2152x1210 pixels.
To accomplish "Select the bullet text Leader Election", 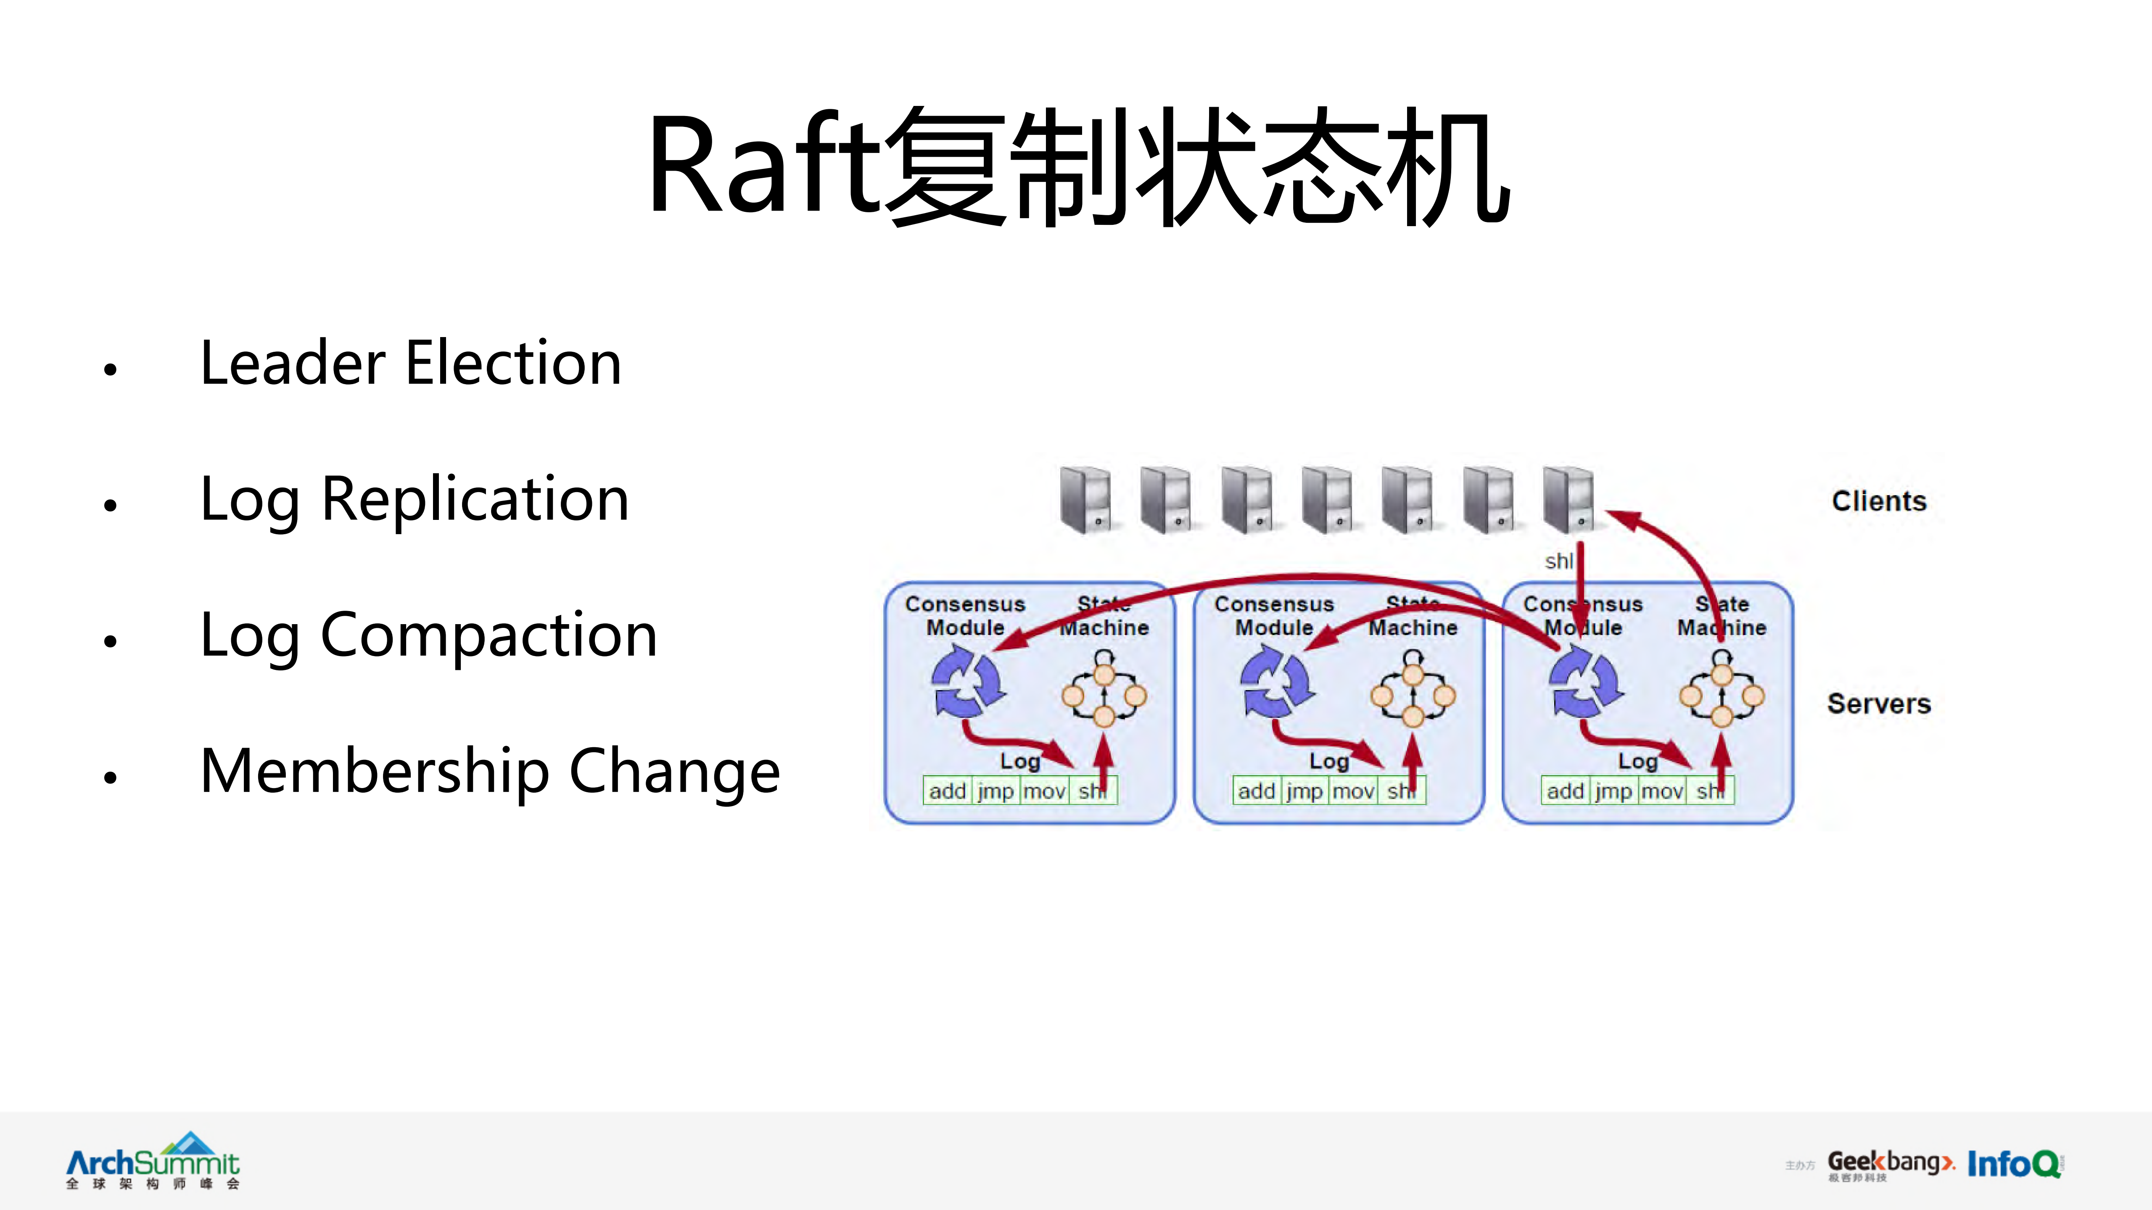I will pyautogui.click(x=411, y=363).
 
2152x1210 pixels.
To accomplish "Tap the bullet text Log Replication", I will pyautogui.click(x=415, y=499).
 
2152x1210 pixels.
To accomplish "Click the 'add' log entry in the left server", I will pyautogui.click(x=947, y=791).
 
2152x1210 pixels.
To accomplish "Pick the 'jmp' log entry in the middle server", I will pyautogui.click(x=1304, y=791).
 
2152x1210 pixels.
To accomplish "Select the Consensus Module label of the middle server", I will pyautogui.click(x=1274, y=615).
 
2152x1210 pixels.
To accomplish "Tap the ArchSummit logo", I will pyautogui.click(x=153, y=1161).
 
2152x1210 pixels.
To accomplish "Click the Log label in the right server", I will pyautogui.click(x=1637, y=761).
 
